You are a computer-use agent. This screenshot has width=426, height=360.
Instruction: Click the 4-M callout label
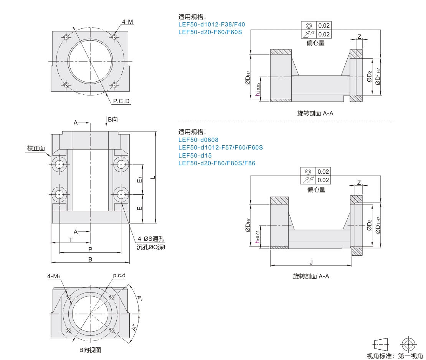tap(128, 22)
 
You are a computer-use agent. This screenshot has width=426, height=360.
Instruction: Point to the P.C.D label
tap(121, 101)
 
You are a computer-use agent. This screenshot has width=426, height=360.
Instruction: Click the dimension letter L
tap(152, 177)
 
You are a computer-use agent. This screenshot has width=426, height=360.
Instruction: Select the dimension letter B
tap(90, 259)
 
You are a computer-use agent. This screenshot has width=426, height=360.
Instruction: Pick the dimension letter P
tap(90, 249)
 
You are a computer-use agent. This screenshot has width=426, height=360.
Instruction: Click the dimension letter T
tap(71, 240)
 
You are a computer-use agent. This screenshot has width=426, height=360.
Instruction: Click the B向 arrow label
tap(112, 120)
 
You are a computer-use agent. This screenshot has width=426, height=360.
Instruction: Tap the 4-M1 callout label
tap(54, 276)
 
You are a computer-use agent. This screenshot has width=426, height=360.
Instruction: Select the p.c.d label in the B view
tap(119, 276)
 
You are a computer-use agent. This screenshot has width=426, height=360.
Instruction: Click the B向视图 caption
tap(90, 350)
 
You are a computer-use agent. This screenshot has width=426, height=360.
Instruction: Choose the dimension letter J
tap(311, 262)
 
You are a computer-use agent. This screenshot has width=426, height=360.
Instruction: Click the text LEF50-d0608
tap(198, 140)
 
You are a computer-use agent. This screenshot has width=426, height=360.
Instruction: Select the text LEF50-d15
tap(195, 155)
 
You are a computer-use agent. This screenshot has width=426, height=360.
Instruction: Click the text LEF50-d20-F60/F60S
tap(210, 32)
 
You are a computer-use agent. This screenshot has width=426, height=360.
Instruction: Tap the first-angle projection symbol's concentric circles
tap(408, 344)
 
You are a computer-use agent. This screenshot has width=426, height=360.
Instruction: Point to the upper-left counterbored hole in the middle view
tap(59, 164)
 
